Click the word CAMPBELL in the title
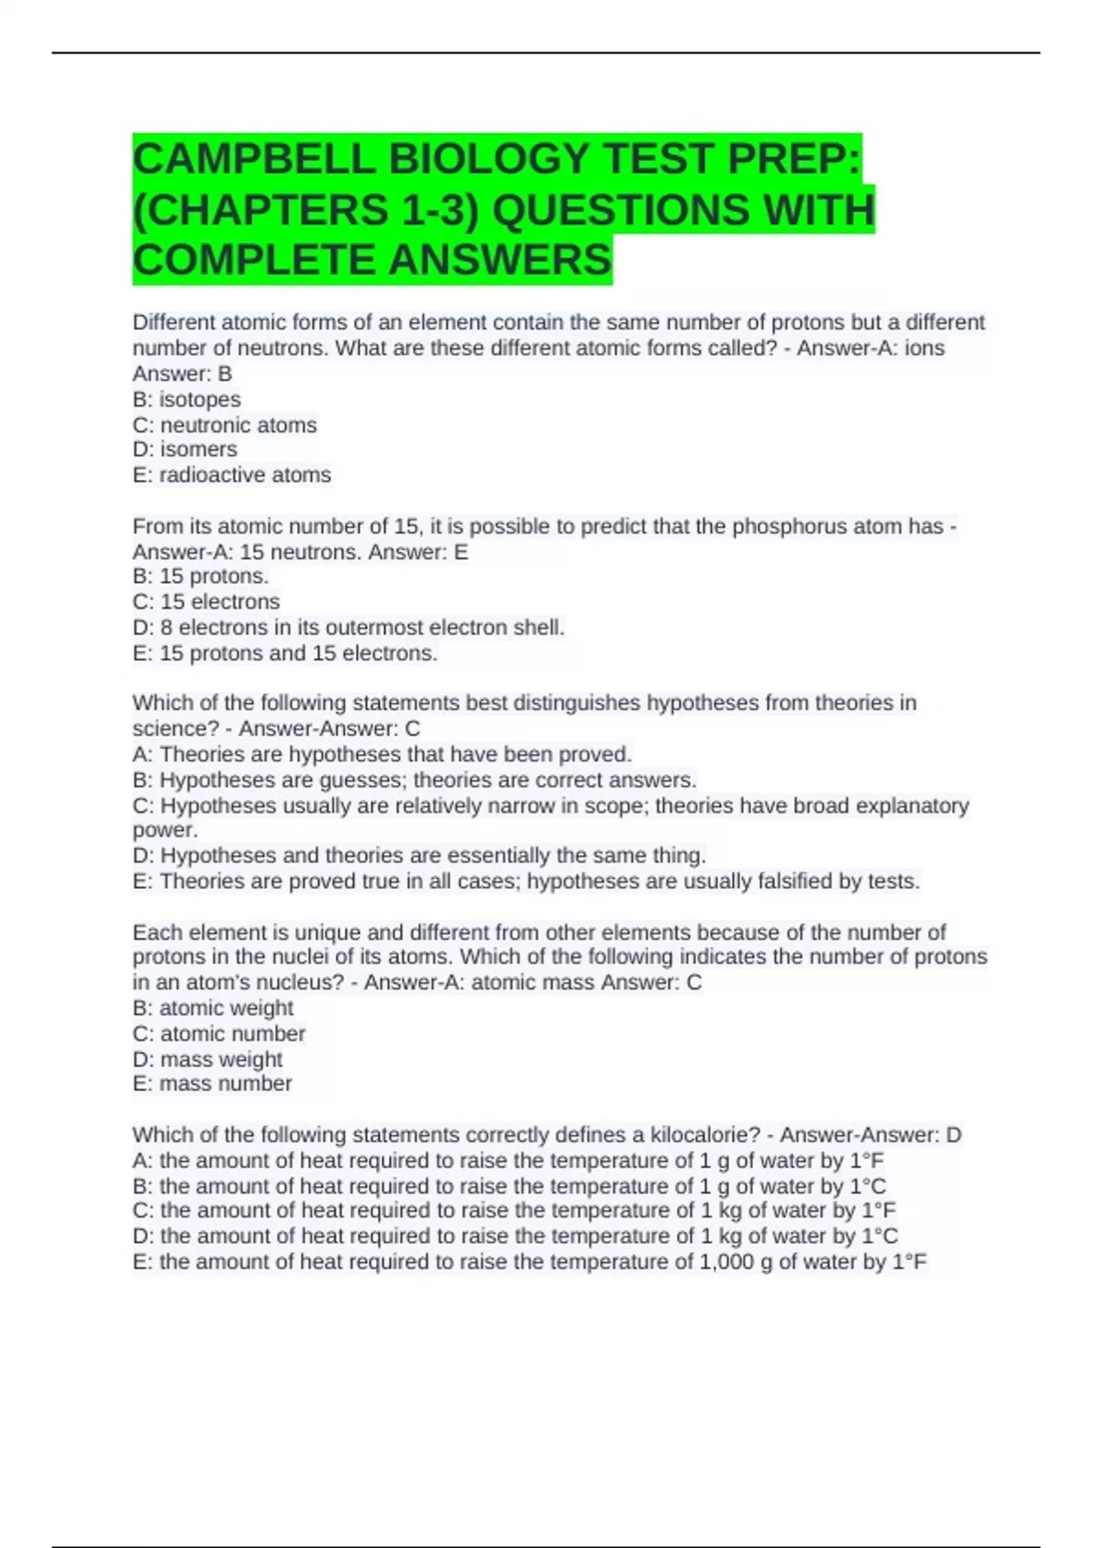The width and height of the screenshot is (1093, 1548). (254, 160)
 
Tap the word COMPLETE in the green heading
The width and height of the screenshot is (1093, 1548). (254, 260)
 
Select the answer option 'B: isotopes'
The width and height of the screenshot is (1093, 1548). (187, 400)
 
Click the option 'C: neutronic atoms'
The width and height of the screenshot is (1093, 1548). (225, 425)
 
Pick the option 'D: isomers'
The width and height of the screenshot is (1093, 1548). (185, 450)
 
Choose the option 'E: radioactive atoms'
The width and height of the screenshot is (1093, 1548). (231, 475)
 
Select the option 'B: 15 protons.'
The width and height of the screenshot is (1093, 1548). (200, 576)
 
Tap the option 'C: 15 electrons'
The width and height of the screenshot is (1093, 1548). (206, 602)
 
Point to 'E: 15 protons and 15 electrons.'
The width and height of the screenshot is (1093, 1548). (284, 654)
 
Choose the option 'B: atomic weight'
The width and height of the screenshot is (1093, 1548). (212, 1008)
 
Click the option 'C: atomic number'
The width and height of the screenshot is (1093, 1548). (219, 1034)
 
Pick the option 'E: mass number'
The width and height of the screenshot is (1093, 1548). (211, 1084)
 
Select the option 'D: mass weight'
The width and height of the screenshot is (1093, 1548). (207, 1059)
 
